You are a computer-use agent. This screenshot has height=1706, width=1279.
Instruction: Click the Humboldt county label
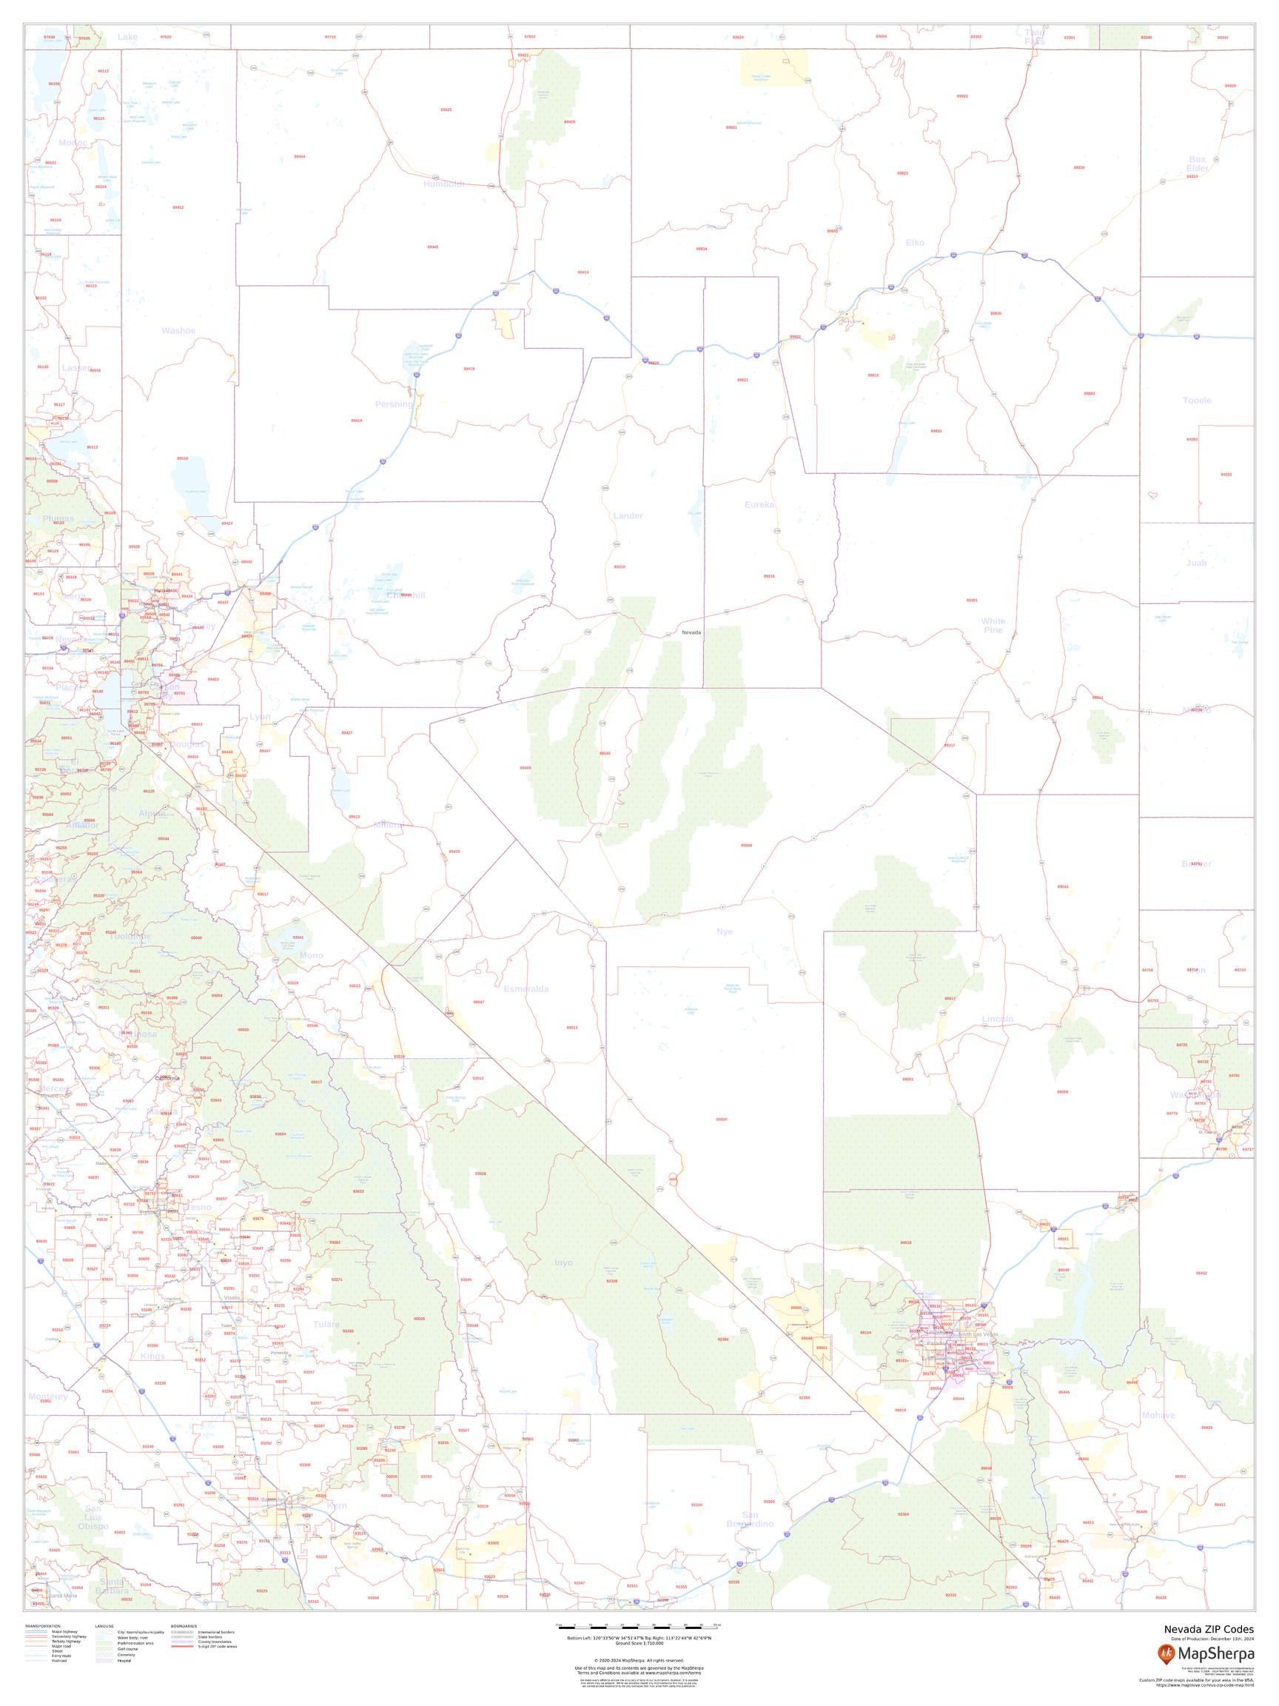444,184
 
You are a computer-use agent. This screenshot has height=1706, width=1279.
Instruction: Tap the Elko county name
914,243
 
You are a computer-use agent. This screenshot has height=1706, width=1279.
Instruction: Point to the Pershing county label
394,404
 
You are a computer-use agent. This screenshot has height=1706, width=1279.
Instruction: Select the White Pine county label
993,626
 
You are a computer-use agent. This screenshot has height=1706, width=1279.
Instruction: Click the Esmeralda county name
526,989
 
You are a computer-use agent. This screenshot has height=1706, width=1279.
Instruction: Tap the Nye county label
725,931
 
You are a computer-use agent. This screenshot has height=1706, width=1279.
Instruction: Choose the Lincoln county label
998,1019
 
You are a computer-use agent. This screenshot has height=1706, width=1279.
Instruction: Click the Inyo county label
563,1262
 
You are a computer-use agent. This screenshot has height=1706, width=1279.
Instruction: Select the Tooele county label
1197,401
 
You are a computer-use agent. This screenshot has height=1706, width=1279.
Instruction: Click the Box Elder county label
1197,164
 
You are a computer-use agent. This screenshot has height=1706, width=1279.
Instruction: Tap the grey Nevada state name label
691,632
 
